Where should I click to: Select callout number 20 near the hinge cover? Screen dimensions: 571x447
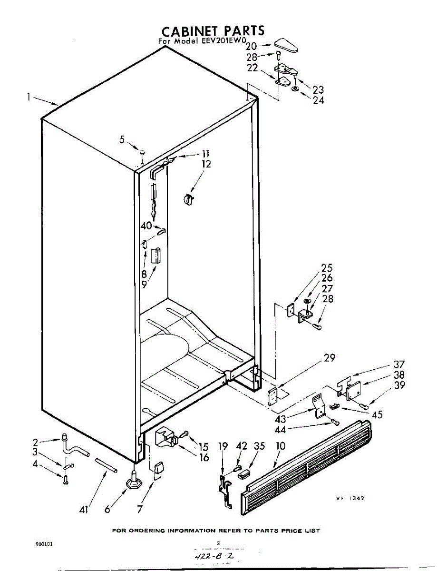251,46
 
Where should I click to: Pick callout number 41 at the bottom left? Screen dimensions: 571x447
84,510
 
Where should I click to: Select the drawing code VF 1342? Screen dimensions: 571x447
350,498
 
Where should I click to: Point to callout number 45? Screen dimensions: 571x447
377,415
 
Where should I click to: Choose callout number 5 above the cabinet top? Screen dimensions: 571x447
122,139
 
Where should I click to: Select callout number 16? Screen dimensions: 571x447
204,458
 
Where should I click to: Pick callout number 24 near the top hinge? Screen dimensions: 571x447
318,100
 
